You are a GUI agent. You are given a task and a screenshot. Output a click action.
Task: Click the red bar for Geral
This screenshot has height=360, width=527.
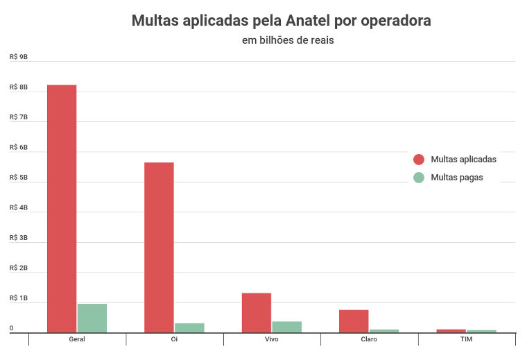click(x=62, y=208)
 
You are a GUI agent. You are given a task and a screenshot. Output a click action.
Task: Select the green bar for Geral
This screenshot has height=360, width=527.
click(x=92, y=318)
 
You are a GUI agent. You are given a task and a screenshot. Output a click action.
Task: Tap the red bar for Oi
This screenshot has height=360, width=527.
click(x=159, y=248)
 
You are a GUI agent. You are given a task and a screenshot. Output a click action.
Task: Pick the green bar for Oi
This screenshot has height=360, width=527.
click(x=189, y=328)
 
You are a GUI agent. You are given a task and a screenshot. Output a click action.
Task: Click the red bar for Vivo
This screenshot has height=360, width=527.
click(x=257, y=313)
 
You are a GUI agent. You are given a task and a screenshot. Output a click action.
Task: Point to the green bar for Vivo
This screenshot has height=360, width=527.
click(x=286, y=327)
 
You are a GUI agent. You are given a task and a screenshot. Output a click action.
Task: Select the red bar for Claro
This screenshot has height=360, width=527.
click(x=354, y=321)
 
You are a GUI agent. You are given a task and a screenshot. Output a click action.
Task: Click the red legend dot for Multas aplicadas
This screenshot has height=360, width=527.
click(x=418, y=159)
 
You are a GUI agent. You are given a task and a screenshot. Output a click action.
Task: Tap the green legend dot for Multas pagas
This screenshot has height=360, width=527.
click(x=418, y=177)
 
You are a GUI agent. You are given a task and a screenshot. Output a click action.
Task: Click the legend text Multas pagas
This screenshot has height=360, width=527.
click(x=456, y=177)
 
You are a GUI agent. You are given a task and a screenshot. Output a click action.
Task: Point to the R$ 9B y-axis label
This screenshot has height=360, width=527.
click(x=19, y=57)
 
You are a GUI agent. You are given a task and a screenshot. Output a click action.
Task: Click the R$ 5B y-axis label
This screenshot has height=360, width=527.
click(x=19, y=178)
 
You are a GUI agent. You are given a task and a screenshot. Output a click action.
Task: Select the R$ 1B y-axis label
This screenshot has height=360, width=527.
click(x=19, y=298)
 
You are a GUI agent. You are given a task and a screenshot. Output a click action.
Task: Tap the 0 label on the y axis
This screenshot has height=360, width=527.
click(x=11, y=328)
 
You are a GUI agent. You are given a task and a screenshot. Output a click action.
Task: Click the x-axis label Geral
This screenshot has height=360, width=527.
click(x=77, y=339)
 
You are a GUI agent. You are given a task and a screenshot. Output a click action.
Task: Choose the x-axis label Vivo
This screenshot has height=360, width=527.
click(x=272, y=339)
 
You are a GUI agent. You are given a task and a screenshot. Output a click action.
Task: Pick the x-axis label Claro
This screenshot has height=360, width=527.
click(x=369, y=339)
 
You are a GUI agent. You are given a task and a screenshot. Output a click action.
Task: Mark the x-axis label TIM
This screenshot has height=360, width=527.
click(x=466, y=339)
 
